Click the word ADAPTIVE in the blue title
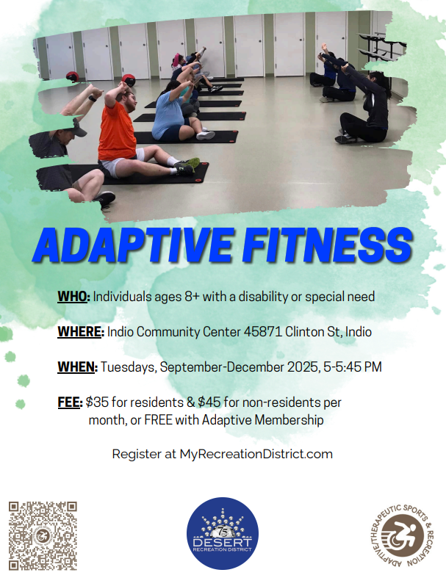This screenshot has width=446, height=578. [133, 245]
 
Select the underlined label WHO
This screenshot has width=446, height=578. [73, 297]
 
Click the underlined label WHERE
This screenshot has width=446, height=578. [79, 332]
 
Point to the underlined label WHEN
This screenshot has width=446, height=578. [76, 367]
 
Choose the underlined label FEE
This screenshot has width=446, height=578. [69, 402]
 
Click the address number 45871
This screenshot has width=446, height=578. [262, 332]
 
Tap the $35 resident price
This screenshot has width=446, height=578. [97, 402]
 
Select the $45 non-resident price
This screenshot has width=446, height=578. [209, 402]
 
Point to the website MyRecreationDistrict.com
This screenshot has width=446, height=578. [256, 454]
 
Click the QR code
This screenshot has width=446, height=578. [43, 535]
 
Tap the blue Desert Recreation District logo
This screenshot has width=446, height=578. [223, 533]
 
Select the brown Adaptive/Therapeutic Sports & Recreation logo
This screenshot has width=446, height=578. [402, 535]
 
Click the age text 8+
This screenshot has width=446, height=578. [192, 297]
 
